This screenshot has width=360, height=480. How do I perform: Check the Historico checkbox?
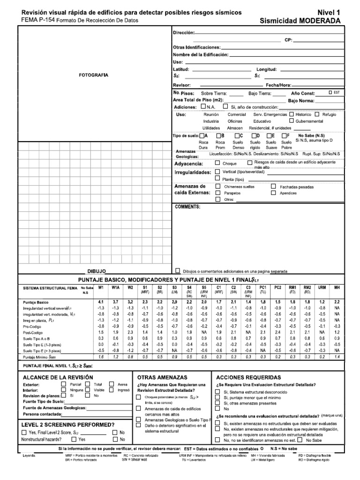pyautogui.click(x=292, y=114)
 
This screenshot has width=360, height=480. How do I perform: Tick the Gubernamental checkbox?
pyautogui.click(x=292, y=121)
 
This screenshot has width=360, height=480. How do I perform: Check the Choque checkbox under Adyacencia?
pyautogui.click(x=217, y=164)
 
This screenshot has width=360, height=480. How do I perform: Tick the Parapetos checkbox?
pyautogui.click(x=217, y=193)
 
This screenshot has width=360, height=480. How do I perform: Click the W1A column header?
pyautogui.click(x=116, y=287)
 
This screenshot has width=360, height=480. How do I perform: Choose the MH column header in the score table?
pyautogui.click(x=337, y=287)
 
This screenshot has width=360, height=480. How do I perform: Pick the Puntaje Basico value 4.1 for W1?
pyautogui.click(x=101, y=302)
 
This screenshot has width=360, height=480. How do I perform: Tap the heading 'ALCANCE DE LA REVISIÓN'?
pyautogui.click(x=58, y=377)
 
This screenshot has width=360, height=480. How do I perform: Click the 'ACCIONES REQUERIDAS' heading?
pyautogui.click(x=248, y=377)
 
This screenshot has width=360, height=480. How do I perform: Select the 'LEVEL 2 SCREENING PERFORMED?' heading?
pyautogui.click(x=68, y=425)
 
